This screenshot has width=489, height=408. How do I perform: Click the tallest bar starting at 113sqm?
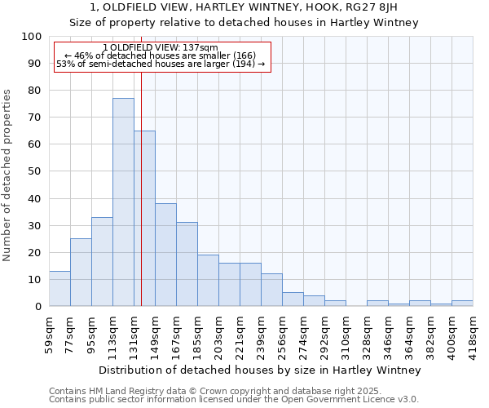[x=123, y=202]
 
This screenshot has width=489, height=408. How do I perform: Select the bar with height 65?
[x=144, y=219]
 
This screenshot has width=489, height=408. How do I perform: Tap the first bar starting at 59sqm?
[x=59, y=289]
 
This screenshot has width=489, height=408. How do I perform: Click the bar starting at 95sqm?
[x=102, y=262]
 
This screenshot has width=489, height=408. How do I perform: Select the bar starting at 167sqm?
[x=187, y=264]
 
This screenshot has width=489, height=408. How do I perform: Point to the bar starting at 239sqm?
[x=271, y=290]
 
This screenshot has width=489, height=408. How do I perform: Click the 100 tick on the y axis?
[x=32, y=37]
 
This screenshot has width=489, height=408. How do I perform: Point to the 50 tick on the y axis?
[x=35, y=171]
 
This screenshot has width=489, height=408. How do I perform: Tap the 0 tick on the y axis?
[x=38, y=306]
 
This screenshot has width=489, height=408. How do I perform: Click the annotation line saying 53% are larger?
[x=161, y=64]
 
